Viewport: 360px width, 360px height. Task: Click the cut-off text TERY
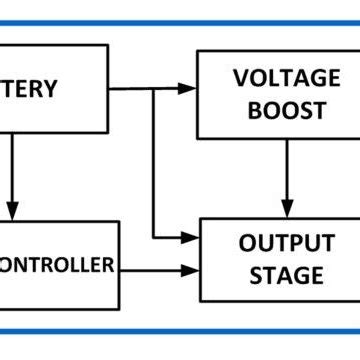[29, 89]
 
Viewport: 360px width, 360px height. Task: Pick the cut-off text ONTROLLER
[56, 265]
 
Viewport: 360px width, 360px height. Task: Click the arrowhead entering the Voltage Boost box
[189, 89]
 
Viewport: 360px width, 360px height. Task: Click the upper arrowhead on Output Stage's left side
[192, 238]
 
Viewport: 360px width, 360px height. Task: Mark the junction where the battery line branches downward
[154, 89]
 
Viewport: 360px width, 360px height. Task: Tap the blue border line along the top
[180, 22]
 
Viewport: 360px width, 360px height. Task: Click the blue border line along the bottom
[180, 331]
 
